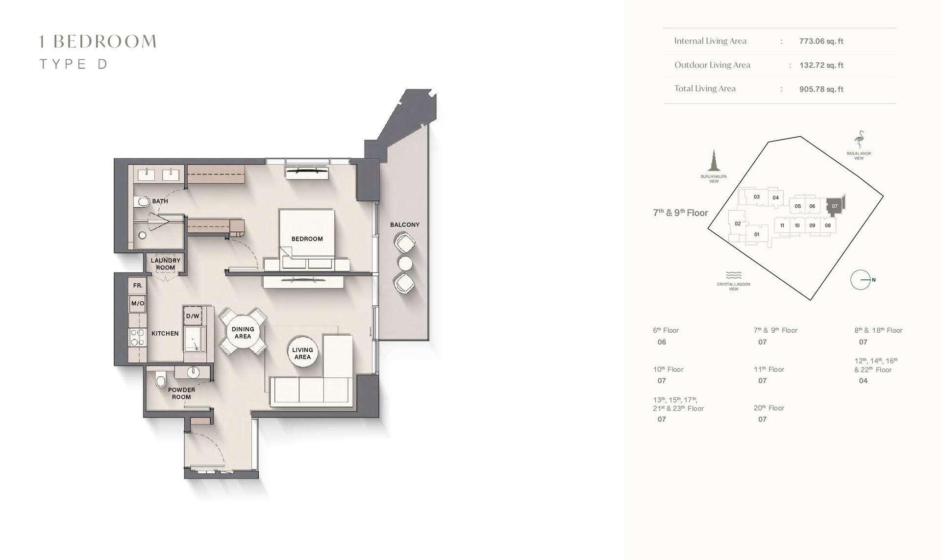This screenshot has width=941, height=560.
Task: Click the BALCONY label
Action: pos(404,225)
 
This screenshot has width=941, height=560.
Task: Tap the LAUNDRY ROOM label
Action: pos(166,264)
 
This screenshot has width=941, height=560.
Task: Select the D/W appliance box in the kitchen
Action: pos(193,316)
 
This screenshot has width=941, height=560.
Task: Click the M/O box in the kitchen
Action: pos(138,304)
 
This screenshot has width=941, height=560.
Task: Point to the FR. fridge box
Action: pos(138,286)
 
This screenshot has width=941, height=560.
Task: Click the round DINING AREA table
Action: pos(243,333)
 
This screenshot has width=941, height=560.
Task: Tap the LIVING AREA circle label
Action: pos(302,353)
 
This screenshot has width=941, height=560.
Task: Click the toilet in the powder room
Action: pos(160,380)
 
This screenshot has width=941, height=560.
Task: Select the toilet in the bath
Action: pos(142,201)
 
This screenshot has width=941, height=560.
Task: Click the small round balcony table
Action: pos(405,264)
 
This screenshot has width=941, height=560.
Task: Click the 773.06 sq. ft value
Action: pos(821,41)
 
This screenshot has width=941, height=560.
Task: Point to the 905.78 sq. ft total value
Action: pos(821,89)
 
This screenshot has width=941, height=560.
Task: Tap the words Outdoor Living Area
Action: pos(712,65)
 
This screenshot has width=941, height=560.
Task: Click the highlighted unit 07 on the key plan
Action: pos(835,206)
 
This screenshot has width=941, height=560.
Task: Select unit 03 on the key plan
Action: pos(757,197)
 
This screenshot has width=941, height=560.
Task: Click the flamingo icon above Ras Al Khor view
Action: pos(859,140)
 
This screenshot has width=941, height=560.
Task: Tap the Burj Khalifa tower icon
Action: pos(714,161)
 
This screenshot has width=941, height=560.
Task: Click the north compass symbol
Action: pos(861,280)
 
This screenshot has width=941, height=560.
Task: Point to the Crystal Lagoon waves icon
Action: pos(734,275)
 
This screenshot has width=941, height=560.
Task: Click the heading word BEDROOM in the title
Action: pos(105,42)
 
